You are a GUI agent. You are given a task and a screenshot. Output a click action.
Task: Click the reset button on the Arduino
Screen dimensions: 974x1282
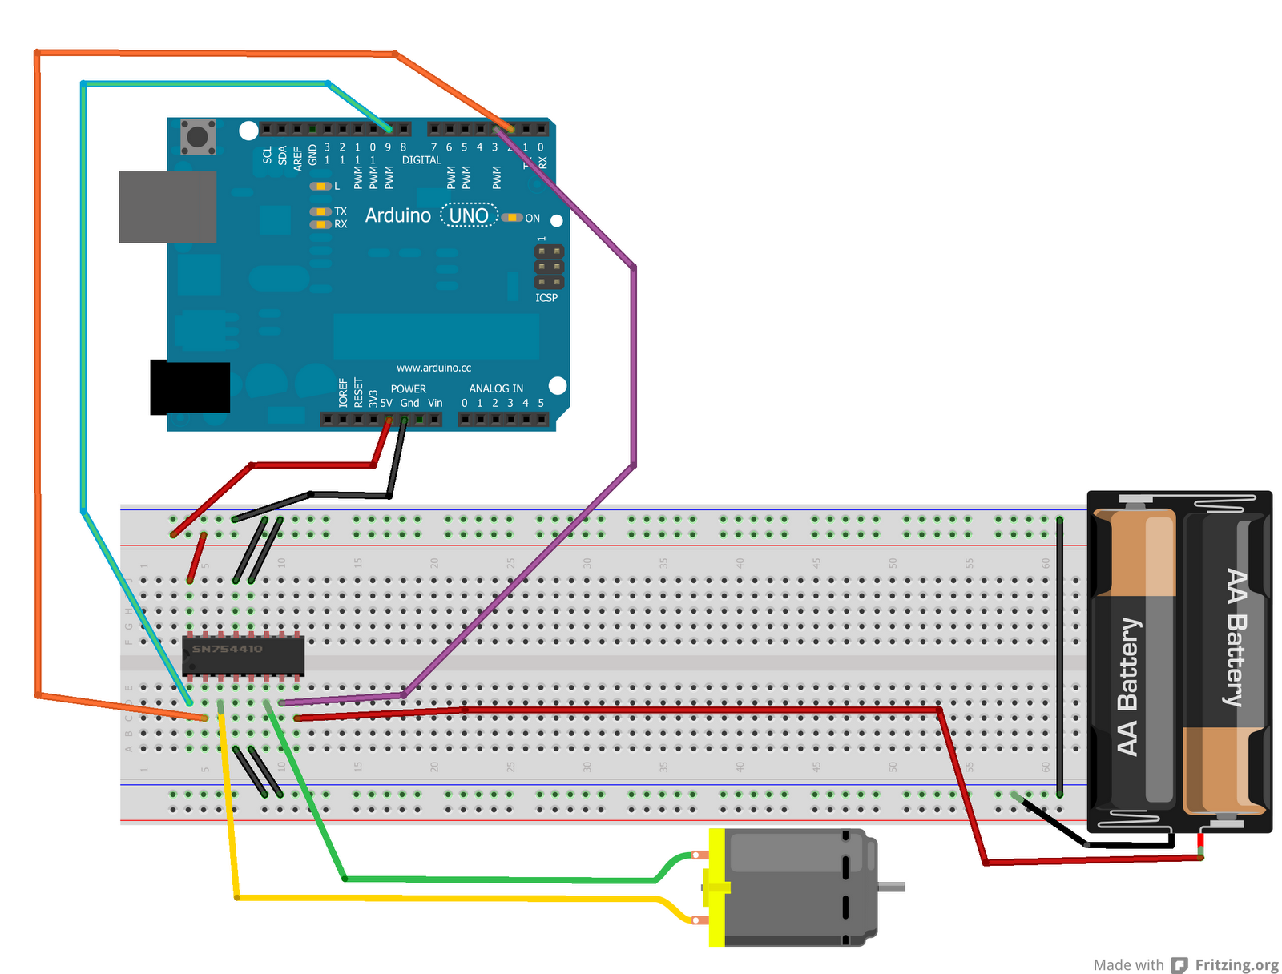pyautogui.click(x=197, y=136)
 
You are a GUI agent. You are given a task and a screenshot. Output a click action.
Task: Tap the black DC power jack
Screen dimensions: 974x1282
pyautogui.click(x=190, y=388)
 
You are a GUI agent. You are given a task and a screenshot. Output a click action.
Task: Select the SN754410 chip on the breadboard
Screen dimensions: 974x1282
pyautogui.click(x=243, y=656)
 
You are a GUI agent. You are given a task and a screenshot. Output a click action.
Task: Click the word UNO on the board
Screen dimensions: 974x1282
pyautogui.click(x=469, y=215)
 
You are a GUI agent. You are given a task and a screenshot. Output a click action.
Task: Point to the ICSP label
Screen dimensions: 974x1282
pyautogui.click(x=546, y=298)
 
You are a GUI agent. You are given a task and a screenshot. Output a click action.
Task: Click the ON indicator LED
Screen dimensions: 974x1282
pyautogui.click(x=511, y=218)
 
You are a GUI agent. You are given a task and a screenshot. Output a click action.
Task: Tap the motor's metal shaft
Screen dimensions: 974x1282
pyautogui.click(x=892, y=887)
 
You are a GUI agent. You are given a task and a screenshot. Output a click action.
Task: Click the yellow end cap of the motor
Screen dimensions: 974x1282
pyautogui.click(x=716, y=887)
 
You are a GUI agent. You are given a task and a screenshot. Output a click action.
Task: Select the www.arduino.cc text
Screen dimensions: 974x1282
pyautogui.click(x=433, y=368)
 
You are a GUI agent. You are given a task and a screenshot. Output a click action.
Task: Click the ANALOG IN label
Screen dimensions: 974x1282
pyautogui.click(x=496, y=388)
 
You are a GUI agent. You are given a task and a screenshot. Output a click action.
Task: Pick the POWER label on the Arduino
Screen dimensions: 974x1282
pyautogui.click(x=408, y=388)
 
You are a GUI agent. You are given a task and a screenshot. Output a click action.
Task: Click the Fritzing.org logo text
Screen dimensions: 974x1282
pyautogui.click(x=1236, y=965)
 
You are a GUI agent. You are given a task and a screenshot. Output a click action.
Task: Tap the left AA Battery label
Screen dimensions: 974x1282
pyautogui.click(x=1127, y=686)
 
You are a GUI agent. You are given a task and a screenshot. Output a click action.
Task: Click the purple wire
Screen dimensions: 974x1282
pyautogui.click(x=633, y=360)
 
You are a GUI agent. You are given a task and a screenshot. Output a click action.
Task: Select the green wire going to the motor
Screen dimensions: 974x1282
pyautogui.click(x=497, y=879)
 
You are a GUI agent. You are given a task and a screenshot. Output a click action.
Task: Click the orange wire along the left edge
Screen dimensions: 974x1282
pyautogui.click(x=37, y=360)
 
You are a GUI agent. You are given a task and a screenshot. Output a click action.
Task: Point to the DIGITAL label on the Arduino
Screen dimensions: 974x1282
pyautogui.click(x=421, y=160)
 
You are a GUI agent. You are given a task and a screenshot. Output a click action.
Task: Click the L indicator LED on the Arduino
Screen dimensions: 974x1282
pyautogui.click(x=320, y=186)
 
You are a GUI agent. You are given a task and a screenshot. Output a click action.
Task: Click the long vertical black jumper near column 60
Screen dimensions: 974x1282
pyautogui.click(x=1059, y=657)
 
